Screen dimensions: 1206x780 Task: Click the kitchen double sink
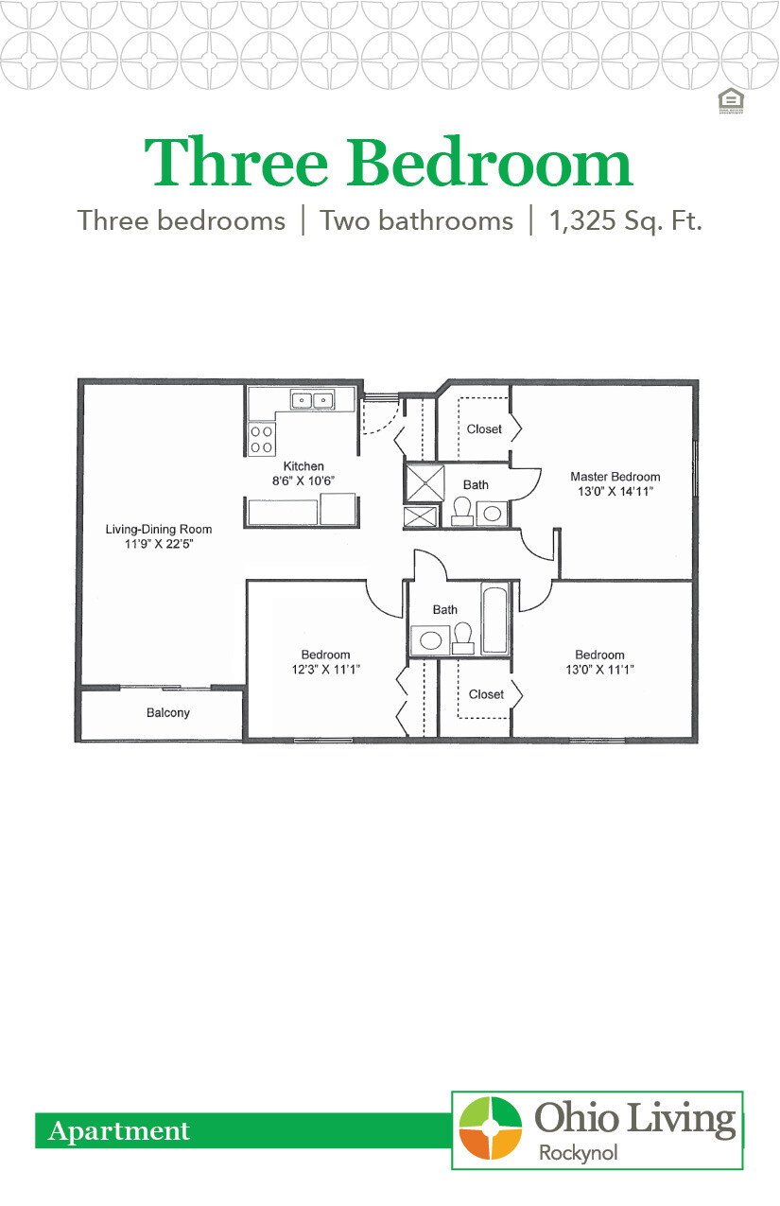pos(311,400)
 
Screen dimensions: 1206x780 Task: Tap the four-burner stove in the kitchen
pos(261,438)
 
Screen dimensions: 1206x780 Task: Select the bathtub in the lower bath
pos(494,620)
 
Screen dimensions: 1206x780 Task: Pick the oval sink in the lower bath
pos(430,639)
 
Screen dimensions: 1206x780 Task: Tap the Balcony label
pos(167,713)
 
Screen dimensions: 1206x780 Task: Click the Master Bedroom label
pos(615,477)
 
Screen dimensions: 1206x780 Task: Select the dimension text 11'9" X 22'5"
pos(157,545)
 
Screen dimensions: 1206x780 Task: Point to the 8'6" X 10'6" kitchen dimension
pos(303,481)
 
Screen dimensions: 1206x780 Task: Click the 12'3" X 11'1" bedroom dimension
pos(325,670)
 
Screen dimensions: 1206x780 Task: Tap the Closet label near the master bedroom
pos(484,429)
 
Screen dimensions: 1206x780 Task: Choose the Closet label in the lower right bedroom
pos(486,694)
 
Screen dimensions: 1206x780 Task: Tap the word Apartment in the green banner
pos(119,1130)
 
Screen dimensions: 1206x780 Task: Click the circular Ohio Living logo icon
pos(490,1127)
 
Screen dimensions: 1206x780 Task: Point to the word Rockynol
pos(577,1153)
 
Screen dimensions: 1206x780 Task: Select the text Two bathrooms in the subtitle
pos(416,221)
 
